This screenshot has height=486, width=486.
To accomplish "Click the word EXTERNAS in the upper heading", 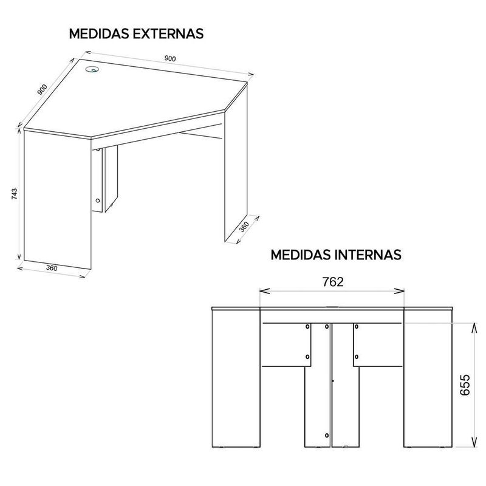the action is (168, 34).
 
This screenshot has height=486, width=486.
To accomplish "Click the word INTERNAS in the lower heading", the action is (368, 255).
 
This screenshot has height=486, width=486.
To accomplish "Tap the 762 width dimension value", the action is (333, 282).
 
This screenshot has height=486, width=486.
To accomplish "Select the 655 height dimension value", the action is (465, 385).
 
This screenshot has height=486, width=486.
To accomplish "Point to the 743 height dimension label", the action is (14, 194).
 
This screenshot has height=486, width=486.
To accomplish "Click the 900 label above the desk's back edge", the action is (170, 58).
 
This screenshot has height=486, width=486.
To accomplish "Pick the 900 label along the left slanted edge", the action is (42, 89).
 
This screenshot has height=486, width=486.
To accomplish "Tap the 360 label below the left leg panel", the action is (52, 268).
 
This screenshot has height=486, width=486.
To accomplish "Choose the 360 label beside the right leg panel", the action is (244, 227).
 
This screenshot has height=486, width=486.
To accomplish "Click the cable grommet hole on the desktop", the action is (92, 69).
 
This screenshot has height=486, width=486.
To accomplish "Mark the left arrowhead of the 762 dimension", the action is (264, 291).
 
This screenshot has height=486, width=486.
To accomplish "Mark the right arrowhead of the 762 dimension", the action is (399, 291).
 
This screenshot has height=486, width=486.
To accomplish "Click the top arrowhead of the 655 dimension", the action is (474, 327).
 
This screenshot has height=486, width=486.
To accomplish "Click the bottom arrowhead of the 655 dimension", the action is (474, 442).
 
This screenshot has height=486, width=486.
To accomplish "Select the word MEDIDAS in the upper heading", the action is (99, 34).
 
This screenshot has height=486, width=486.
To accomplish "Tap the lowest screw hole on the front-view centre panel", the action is (327, 436).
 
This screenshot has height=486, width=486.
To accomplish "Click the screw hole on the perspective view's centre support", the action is (98, 200).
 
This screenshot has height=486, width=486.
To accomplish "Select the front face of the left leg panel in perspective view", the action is (57, 199).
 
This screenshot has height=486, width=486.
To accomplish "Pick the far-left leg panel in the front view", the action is (236, 378).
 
